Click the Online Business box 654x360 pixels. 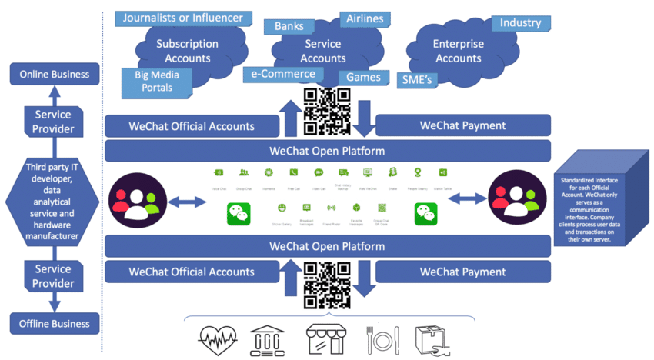pyautogui.click(x=54, y=75)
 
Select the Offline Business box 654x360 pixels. pyautogui.click(x=54, y=324)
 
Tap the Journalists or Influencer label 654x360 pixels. pyautogui.click(x=182, y=18)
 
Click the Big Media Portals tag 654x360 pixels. pyautogui.click(x=158, y=81)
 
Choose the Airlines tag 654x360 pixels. pyautogui.click(x=365, y=18)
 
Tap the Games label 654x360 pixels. pyautogui.click(x=363, y=78)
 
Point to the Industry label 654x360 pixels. pyautogui.click(x=520, y=23)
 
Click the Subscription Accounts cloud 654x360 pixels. pyautogui.click(x=188, y=51)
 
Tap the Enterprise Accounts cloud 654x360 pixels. pyautogui.click(x=458, y=51)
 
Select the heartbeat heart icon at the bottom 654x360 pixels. pyautogui.click(x=218, y=339)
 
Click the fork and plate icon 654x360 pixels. pyautogui.click(x=382, y=339)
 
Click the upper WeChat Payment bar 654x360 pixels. pyautogui.click(x=462, y=125)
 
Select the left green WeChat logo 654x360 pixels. pyautogui.click(x=239, y=214)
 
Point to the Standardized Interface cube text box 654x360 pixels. pyautogui.click(x=592, y=207)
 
